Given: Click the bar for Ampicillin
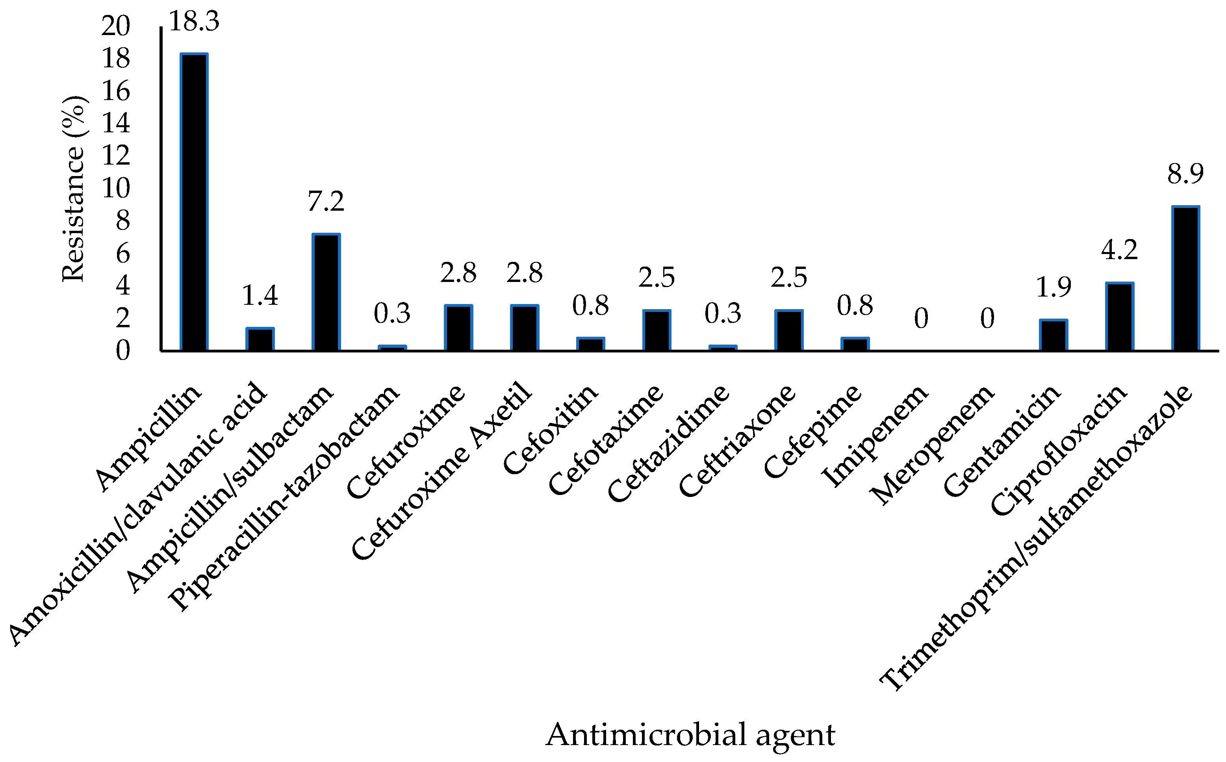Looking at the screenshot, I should click(194, 202).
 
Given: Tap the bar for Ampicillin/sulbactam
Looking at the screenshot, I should click(326, 292).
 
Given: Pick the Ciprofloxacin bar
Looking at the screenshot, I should click(1119, 317).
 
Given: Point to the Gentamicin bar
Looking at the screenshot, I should click(1053, 335).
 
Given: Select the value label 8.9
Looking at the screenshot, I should click(1185, 174).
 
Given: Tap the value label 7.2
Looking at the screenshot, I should click(326, 202).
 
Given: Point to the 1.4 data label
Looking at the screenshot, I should click(260, 296).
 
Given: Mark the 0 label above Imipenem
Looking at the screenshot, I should click(921, 319).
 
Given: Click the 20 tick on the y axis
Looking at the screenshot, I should click(116, 26).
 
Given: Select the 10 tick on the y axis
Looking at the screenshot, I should click(116, 189).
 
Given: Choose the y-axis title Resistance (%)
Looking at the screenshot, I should click(74, 189).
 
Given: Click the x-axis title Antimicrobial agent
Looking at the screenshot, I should click(690, 734).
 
